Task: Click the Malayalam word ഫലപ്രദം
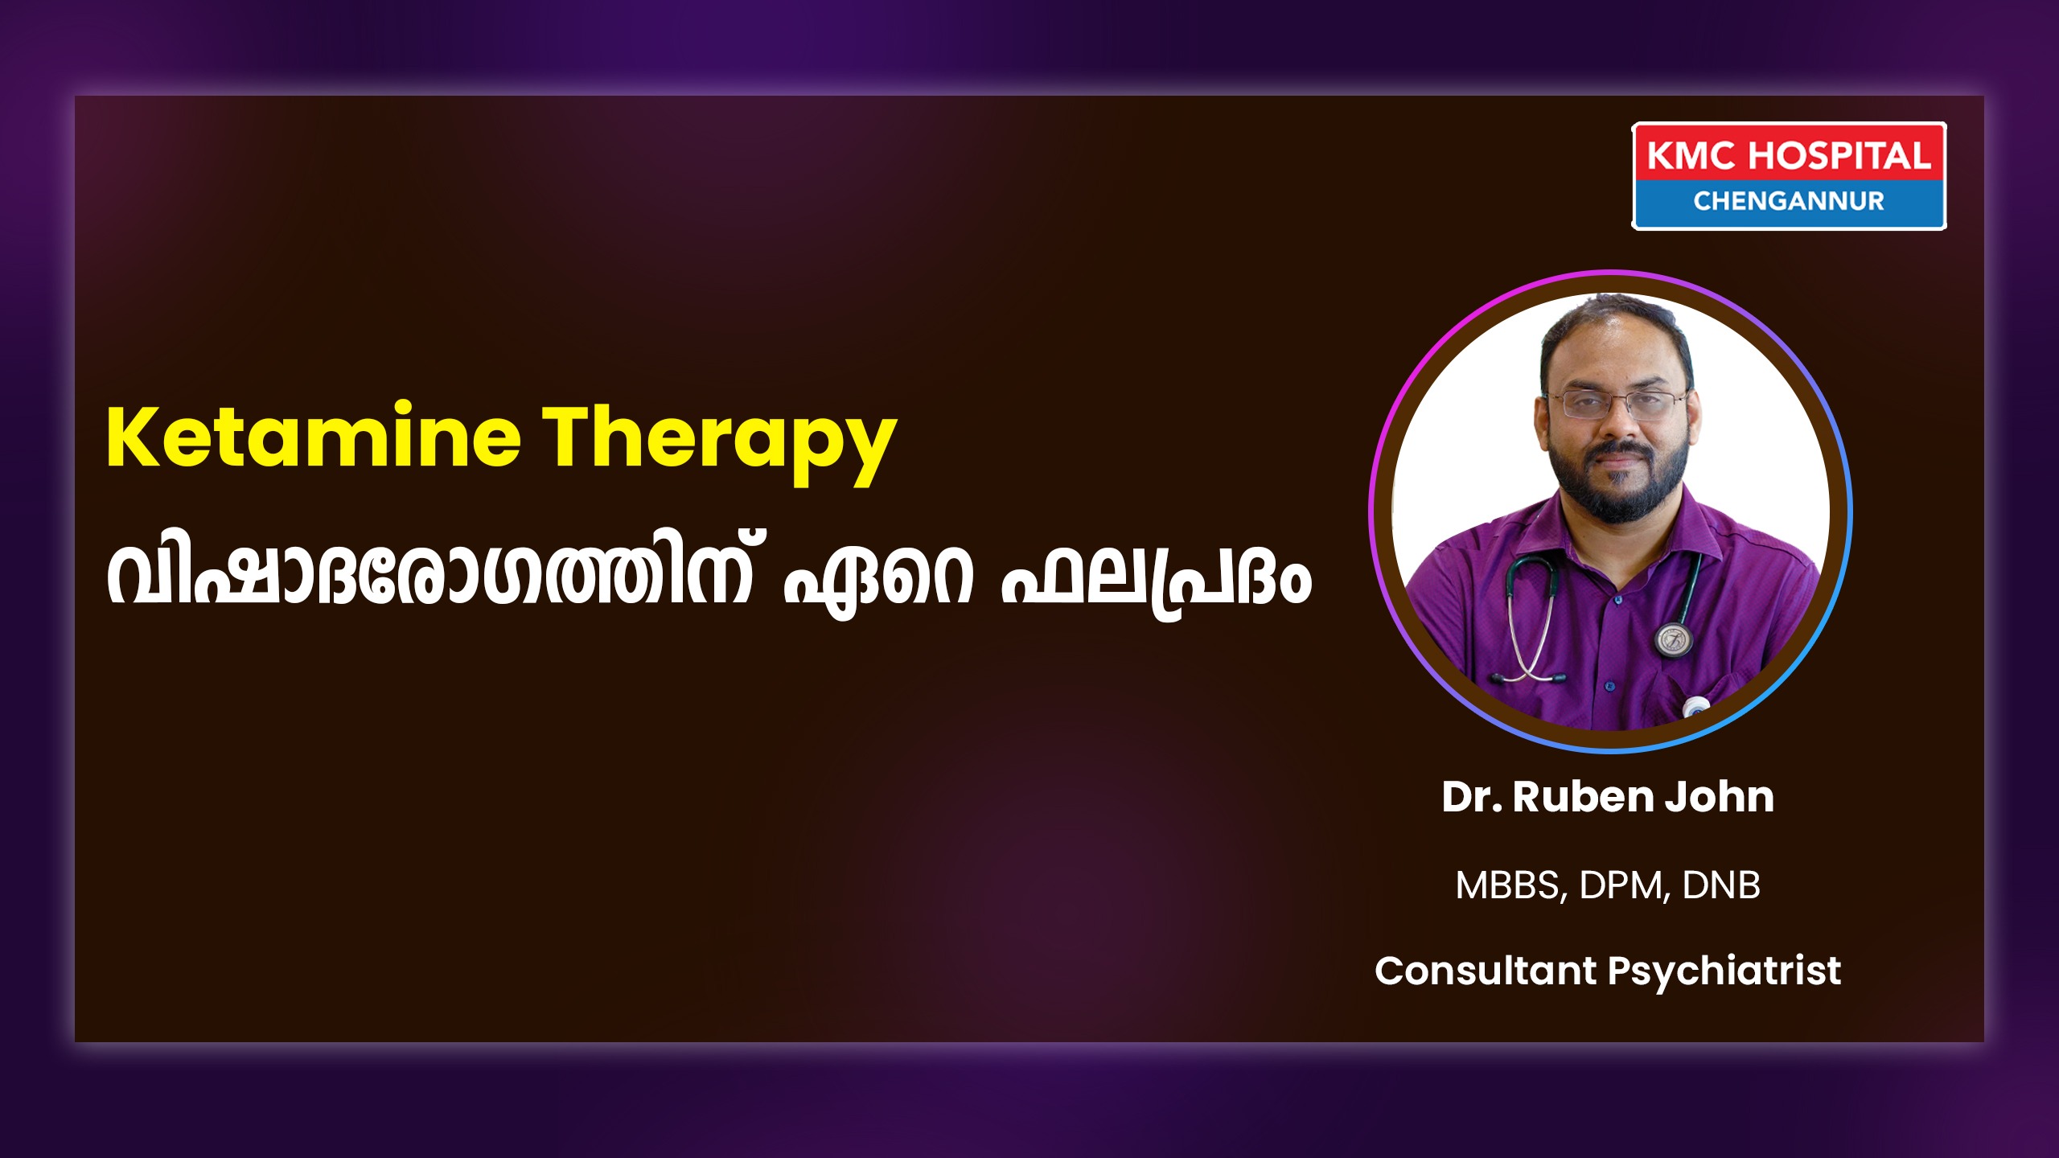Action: click(1156, 577)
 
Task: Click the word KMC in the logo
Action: click(1691, 156)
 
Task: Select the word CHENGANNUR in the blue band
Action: click(1789, 201)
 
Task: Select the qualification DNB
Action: click(1721, 885)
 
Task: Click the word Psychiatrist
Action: click(1724, 971)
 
